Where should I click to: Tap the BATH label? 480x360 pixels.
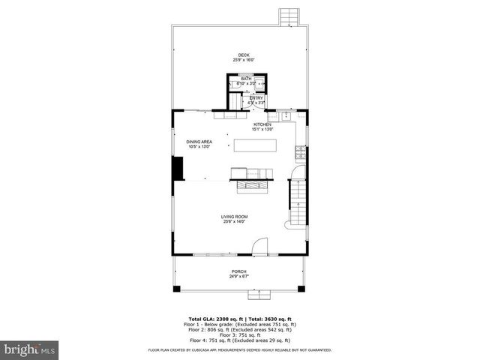tap(246, 79)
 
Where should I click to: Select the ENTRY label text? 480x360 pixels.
tap(256, 97)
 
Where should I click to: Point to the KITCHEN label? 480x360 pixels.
tap(262, 124)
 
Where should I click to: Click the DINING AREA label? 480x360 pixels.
tap(199, 141)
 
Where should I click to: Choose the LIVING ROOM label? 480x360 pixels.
tap(234, 217)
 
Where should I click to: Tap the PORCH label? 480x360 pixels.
tap(239, 271)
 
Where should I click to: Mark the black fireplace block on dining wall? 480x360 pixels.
tap(178, 168)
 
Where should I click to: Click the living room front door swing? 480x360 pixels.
tap(259, 245)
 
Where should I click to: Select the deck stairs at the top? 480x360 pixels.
tap(288, 16)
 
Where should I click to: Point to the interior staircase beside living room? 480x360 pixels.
tap(298, 201)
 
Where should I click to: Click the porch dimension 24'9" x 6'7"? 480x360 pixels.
tap(239, 277)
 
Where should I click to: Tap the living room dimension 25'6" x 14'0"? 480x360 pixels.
tap(234, 222)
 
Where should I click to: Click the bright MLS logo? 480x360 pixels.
tap(29, 349)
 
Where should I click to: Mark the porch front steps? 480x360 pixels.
tap(239, 289)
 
